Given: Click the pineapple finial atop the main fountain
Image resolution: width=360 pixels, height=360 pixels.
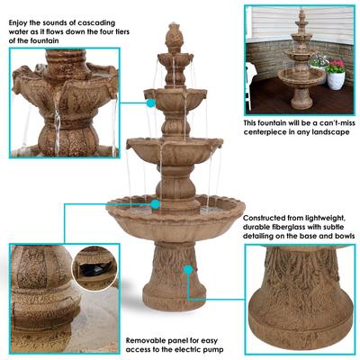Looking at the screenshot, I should click(x=175, y=36).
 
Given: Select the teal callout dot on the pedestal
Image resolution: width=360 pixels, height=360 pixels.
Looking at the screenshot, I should click(x=185, y=268).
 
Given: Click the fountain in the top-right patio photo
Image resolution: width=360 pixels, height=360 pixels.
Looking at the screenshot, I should click(x=301, y=63).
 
